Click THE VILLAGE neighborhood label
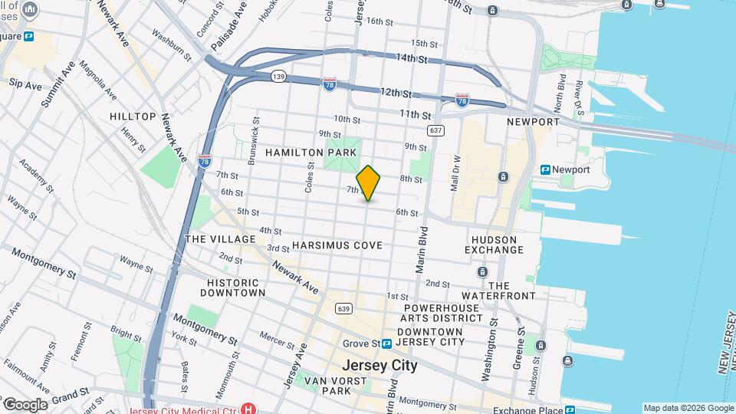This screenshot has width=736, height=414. click(220, 239)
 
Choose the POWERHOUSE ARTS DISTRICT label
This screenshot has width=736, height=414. click(443, 312)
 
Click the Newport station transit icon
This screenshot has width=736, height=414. click(546, 169)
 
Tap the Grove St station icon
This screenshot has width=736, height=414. click(387, 343)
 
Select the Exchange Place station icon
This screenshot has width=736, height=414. click(569, 409)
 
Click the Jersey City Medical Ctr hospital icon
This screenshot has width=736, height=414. click(247, 409)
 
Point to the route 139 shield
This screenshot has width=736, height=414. click(279, 76)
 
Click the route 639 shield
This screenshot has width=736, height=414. click(342, 307)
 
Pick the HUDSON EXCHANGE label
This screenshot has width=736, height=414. click(495, 245)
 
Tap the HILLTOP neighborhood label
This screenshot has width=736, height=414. click(133, 117)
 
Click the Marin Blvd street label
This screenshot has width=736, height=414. click(421, 250)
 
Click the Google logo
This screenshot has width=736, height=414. click(25, 405)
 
